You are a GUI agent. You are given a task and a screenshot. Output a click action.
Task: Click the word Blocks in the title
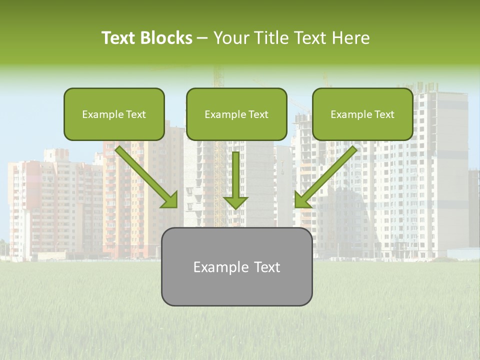click(x=165, y=38)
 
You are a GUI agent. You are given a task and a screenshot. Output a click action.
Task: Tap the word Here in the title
click(x=349, y=38)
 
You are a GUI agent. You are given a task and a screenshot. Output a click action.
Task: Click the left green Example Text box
click(x=114, y=114)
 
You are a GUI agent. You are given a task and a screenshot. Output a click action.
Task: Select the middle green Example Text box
click(x=236, y=114)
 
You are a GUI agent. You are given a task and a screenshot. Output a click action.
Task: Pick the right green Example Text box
click(x=362, y=114)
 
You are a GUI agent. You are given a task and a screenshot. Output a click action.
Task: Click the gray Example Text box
click(x=236, y=267)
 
